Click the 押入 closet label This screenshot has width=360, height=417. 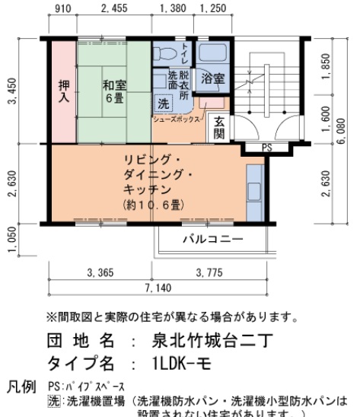[64, 91]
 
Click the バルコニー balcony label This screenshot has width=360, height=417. [212, 240]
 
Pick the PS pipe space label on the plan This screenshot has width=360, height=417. [266, 148]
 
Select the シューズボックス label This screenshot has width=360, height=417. [176, 119]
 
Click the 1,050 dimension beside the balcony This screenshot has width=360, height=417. [11, 243]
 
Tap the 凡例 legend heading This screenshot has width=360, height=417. [21, 387]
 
